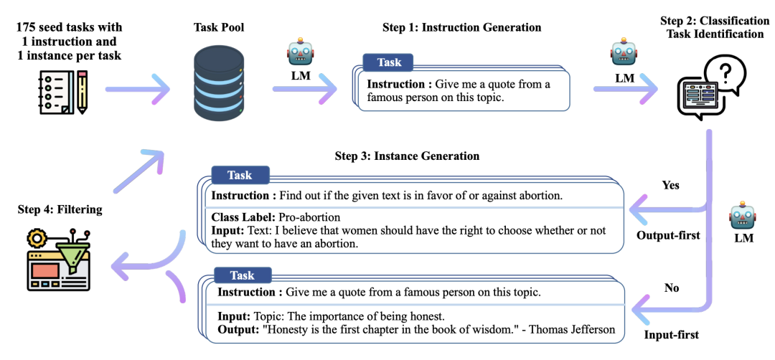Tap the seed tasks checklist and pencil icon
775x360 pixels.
point(63,93)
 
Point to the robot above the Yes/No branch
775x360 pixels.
point(743,216)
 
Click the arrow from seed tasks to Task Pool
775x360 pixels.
point(137,90)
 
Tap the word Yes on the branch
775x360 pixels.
point(670,185)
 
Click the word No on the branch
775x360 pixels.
point(672,288)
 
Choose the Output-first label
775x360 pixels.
point(668,235)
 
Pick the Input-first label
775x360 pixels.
point(671,334)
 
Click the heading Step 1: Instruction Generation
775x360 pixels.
point(461,27)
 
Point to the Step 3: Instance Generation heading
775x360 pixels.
point(407,156)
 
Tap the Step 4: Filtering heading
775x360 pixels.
point(60,209)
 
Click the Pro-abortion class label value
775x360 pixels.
point(309,217)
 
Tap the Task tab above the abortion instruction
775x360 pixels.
point(240,175)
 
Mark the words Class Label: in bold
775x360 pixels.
point(243,217)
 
